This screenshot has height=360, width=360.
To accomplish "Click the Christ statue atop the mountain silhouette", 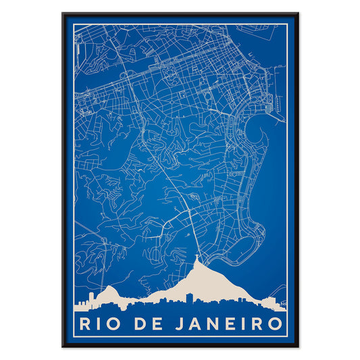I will pos(196,258).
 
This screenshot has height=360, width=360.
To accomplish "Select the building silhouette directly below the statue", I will pos(197,301).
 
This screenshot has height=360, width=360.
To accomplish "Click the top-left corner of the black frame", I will pos(63,14).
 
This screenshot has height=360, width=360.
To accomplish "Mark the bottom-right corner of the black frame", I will pos(298,346).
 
